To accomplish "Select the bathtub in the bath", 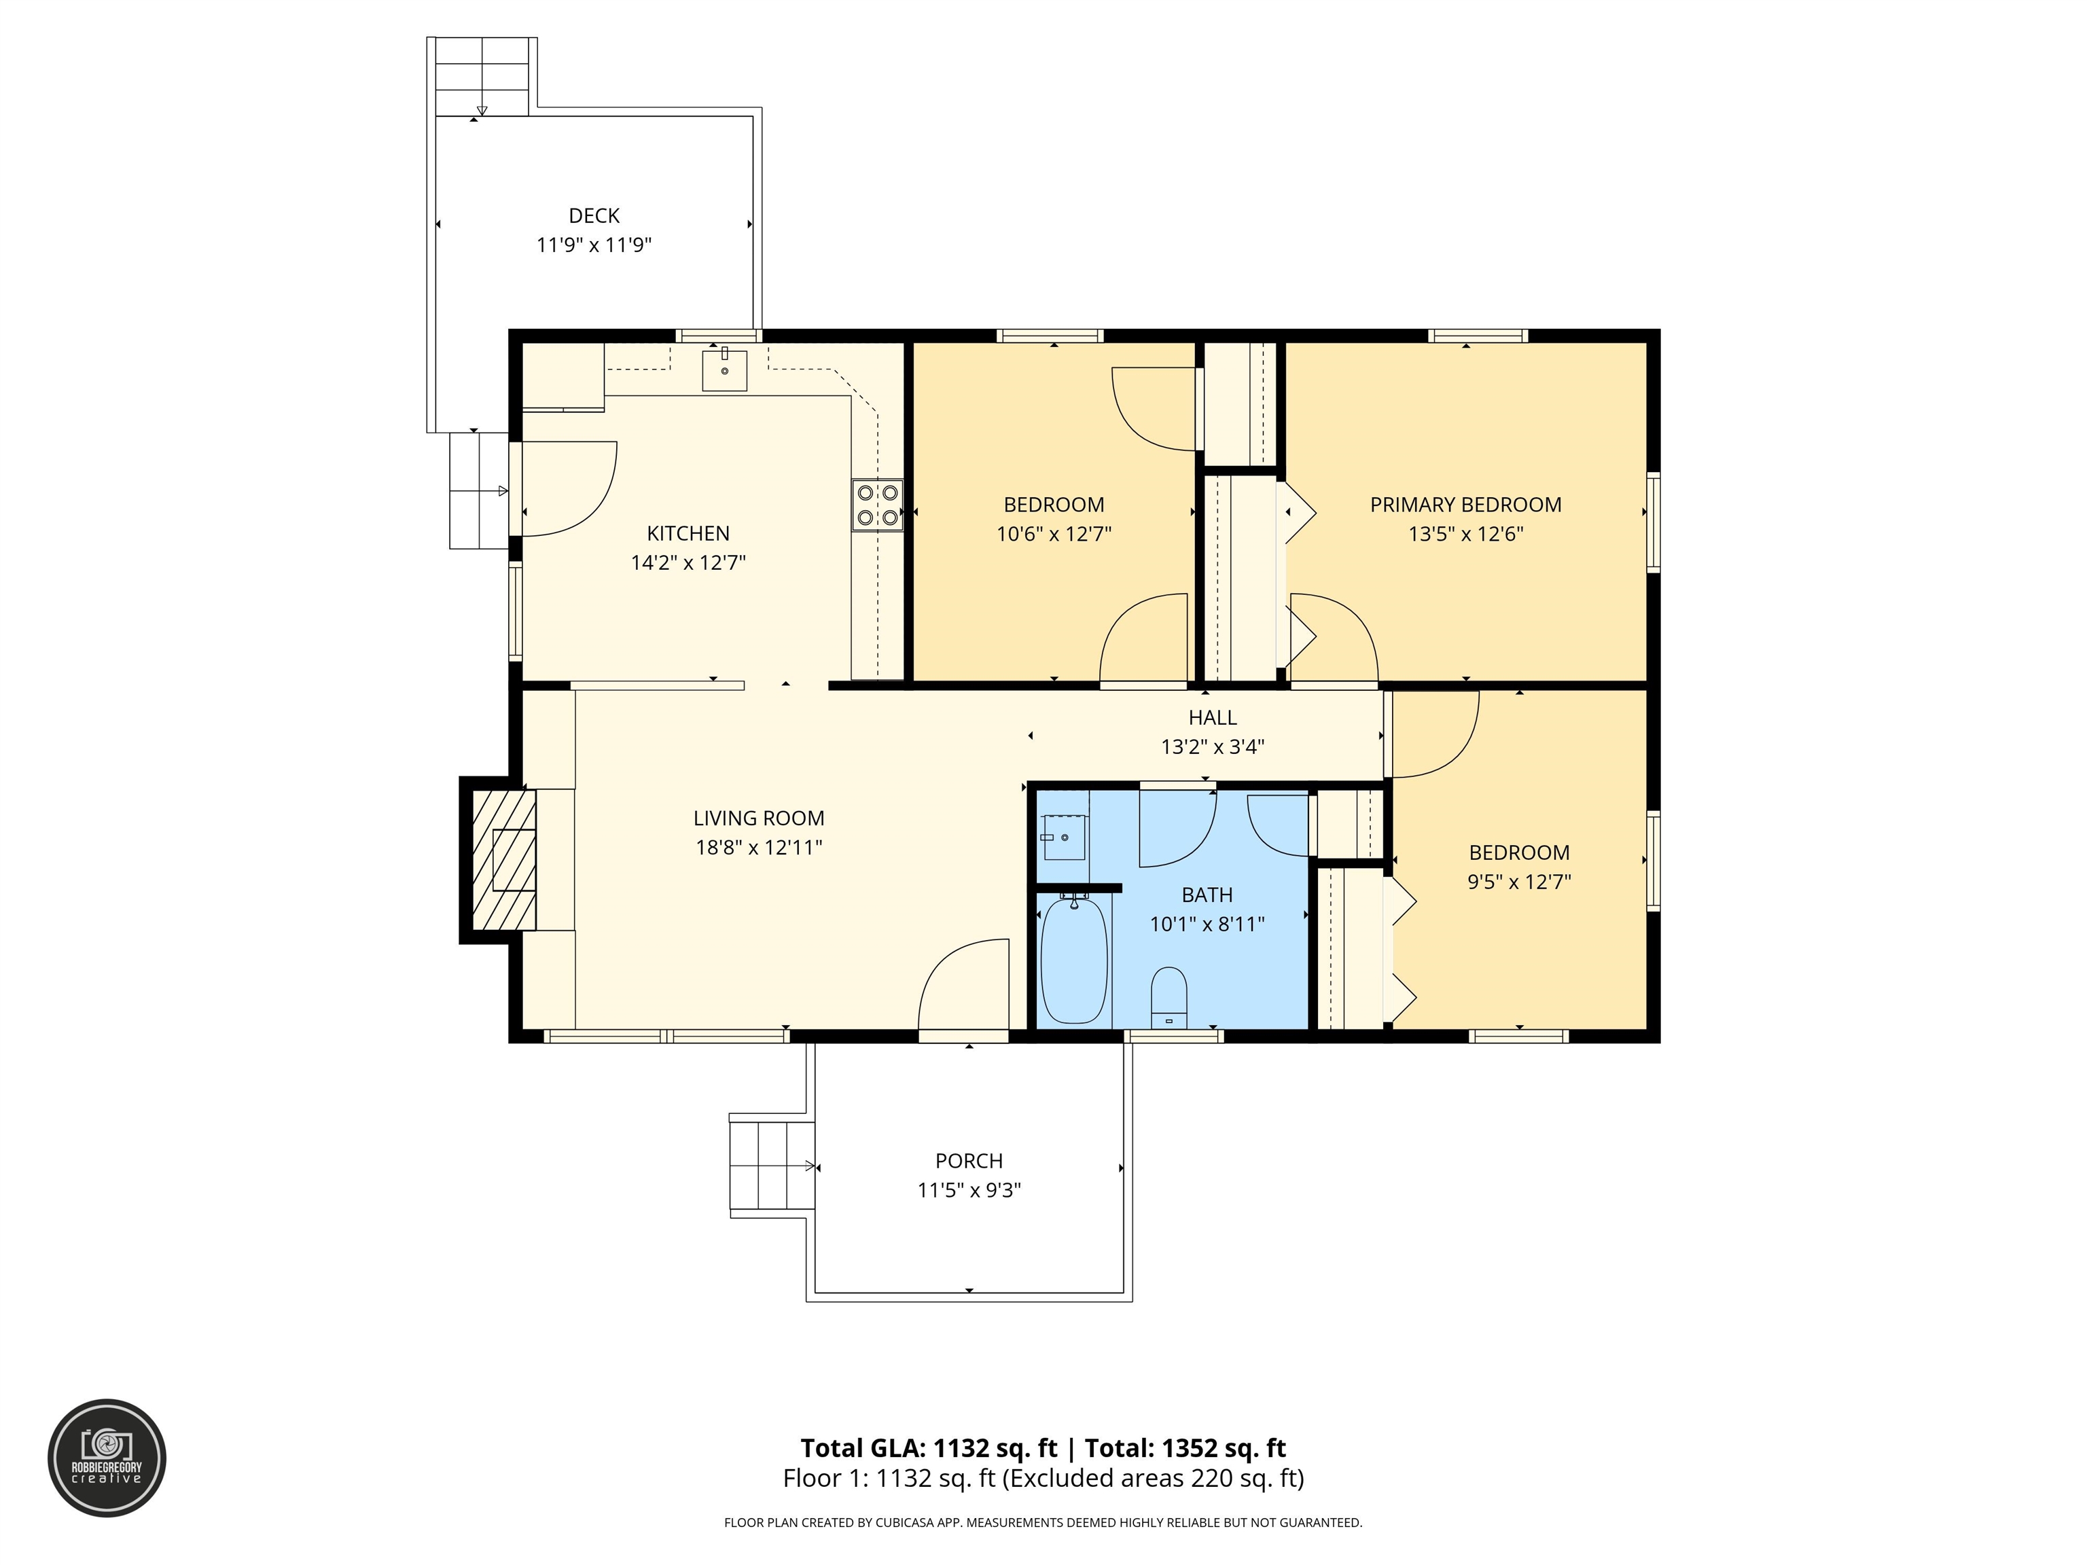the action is click(1073, 960).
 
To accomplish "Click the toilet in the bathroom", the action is click(1169, 997).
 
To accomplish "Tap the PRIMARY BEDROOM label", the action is click(1465, 505).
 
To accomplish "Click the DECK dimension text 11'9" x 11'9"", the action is click(594, 245).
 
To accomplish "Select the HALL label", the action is click(1213, 718).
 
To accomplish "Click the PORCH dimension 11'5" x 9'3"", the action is click(969, 1191).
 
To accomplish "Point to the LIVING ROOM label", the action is click(759, 819).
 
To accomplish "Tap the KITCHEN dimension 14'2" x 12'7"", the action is click(689, 563).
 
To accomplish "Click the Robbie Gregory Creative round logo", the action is click(107, 1458).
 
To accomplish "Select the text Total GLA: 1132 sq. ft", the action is click(929, 1448).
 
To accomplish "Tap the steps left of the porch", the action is click(772, 1166).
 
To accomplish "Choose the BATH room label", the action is click(1207, 895).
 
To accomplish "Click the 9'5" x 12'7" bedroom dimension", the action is click(1519, 882).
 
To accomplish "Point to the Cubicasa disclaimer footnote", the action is click(1043, 1523).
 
